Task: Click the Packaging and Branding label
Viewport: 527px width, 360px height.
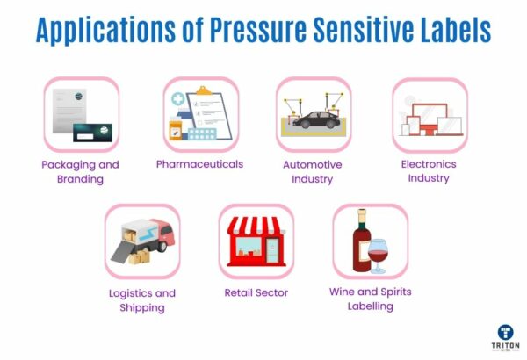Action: click(x=80, y=171)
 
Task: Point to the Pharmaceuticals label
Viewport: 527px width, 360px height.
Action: click(x=199, y=164)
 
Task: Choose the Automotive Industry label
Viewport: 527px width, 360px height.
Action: click(x=312, y=171)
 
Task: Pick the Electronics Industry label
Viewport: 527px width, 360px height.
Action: click(x=429, y=171)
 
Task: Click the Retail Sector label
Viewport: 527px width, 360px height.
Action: click(x=256, y=292)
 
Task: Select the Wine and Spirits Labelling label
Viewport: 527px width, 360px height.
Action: click(x=370, y=299)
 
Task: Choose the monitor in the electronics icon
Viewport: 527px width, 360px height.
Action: click(x=435, y=113)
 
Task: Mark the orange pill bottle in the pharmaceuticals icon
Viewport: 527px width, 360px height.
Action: click(x=178, y=131)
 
